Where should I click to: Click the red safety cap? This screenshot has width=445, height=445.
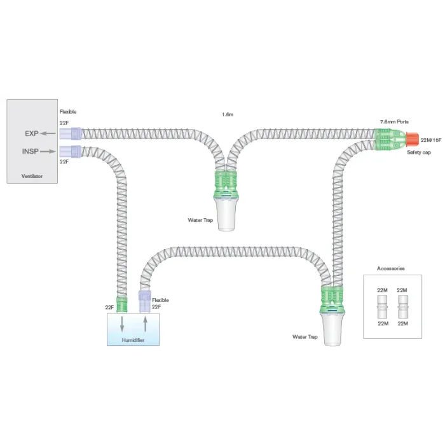(x=412, y=139)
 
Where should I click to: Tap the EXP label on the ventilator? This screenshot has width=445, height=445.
(x=32, y=133)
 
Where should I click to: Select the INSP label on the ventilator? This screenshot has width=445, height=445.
(x=31, y=151)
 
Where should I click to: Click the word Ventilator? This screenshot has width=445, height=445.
(x=32, y=176)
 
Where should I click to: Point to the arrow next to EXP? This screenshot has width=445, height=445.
(x=48, y=133)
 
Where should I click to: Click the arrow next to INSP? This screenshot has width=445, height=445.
(x=48, y=151)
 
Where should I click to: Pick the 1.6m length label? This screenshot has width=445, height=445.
(x=228, y=114)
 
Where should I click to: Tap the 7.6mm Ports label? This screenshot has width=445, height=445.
(x=394, y=122)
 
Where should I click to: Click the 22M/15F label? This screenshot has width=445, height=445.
(x=431, y=140)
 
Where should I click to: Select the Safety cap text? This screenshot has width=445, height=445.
(x=419, y=153)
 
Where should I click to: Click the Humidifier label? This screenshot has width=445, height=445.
(x=133, y=340)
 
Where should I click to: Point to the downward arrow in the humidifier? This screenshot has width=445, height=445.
(x=122, y=324)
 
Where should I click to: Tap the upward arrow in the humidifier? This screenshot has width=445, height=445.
(x=146, y=324)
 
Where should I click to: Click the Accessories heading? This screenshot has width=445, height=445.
(x=390, y=268)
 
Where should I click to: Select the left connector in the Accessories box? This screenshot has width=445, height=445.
(x=382, y=307)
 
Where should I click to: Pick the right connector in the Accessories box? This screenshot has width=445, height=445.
(x=402, y=307)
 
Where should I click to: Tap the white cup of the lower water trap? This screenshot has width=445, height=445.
(x=332, y=330)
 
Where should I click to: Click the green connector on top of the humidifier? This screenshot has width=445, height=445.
(x=122, y=305)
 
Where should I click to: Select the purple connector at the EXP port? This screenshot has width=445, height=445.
(x=71, y=133)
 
